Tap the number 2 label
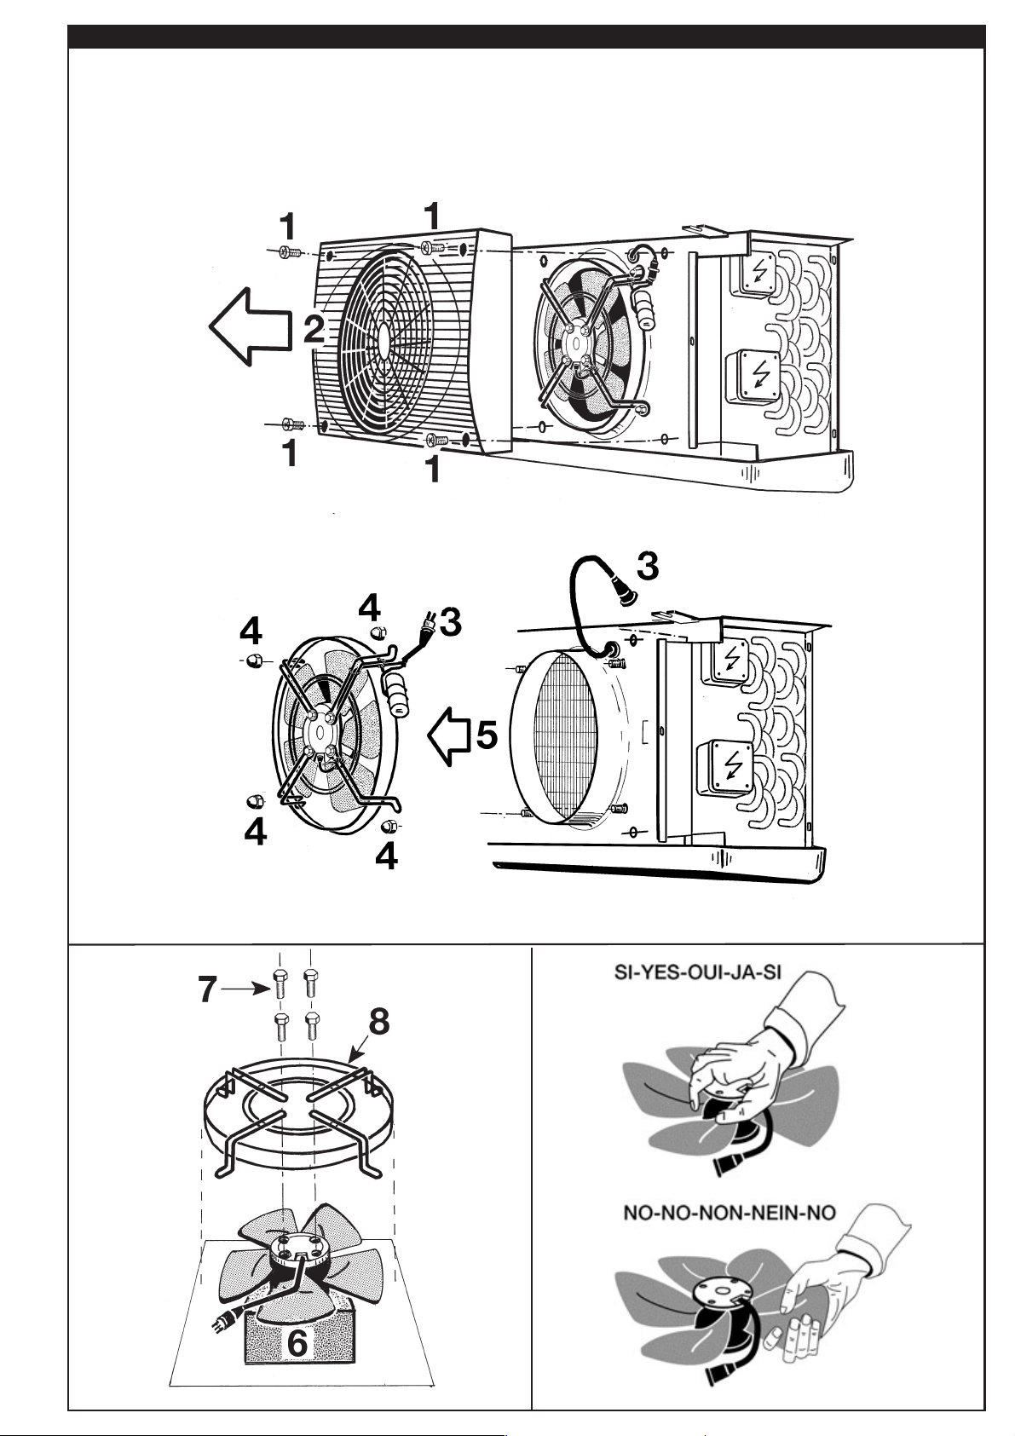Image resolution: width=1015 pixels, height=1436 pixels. pos(314,329)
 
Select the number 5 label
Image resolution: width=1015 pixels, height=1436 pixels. pos(486,735)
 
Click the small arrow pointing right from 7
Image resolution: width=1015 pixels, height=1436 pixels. pos(247,989)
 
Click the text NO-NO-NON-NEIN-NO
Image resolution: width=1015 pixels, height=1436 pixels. pos(729,1212)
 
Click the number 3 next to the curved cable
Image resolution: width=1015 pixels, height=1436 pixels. pos(648,566)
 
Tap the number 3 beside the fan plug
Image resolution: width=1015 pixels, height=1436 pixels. pos(450,623)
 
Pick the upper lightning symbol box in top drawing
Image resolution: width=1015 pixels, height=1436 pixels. pos(757,272)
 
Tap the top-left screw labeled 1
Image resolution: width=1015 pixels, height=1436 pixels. pos(286,252)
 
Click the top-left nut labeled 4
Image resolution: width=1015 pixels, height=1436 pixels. pos(252,662)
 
